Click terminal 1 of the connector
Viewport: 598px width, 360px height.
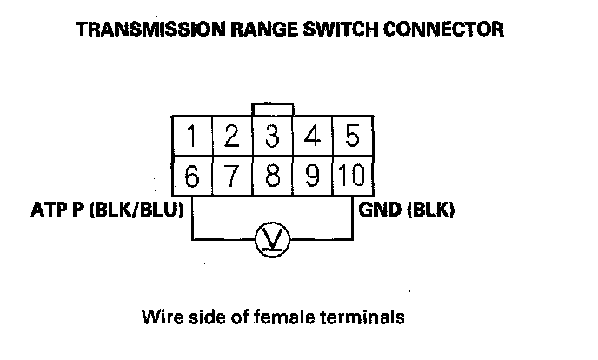coord(192,137)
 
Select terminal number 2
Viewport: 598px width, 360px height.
coord(231,137)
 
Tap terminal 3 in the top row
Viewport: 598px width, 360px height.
coord(272,137)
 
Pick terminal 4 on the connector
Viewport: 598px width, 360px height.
coord(313,137)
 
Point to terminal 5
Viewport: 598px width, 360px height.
coord(352,137)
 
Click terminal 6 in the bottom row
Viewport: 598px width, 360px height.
coord(192,177)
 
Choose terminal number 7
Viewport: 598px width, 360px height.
coord(231,177)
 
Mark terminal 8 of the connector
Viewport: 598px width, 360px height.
coord(272,177)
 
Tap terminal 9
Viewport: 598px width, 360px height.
coord(313,177)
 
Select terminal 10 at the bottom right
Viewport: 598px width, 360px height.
coord(352,177)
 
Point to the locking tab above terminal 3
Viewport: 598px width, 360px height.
coord(272,110)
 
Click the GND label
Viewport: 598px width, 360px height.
coord(377,211)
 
